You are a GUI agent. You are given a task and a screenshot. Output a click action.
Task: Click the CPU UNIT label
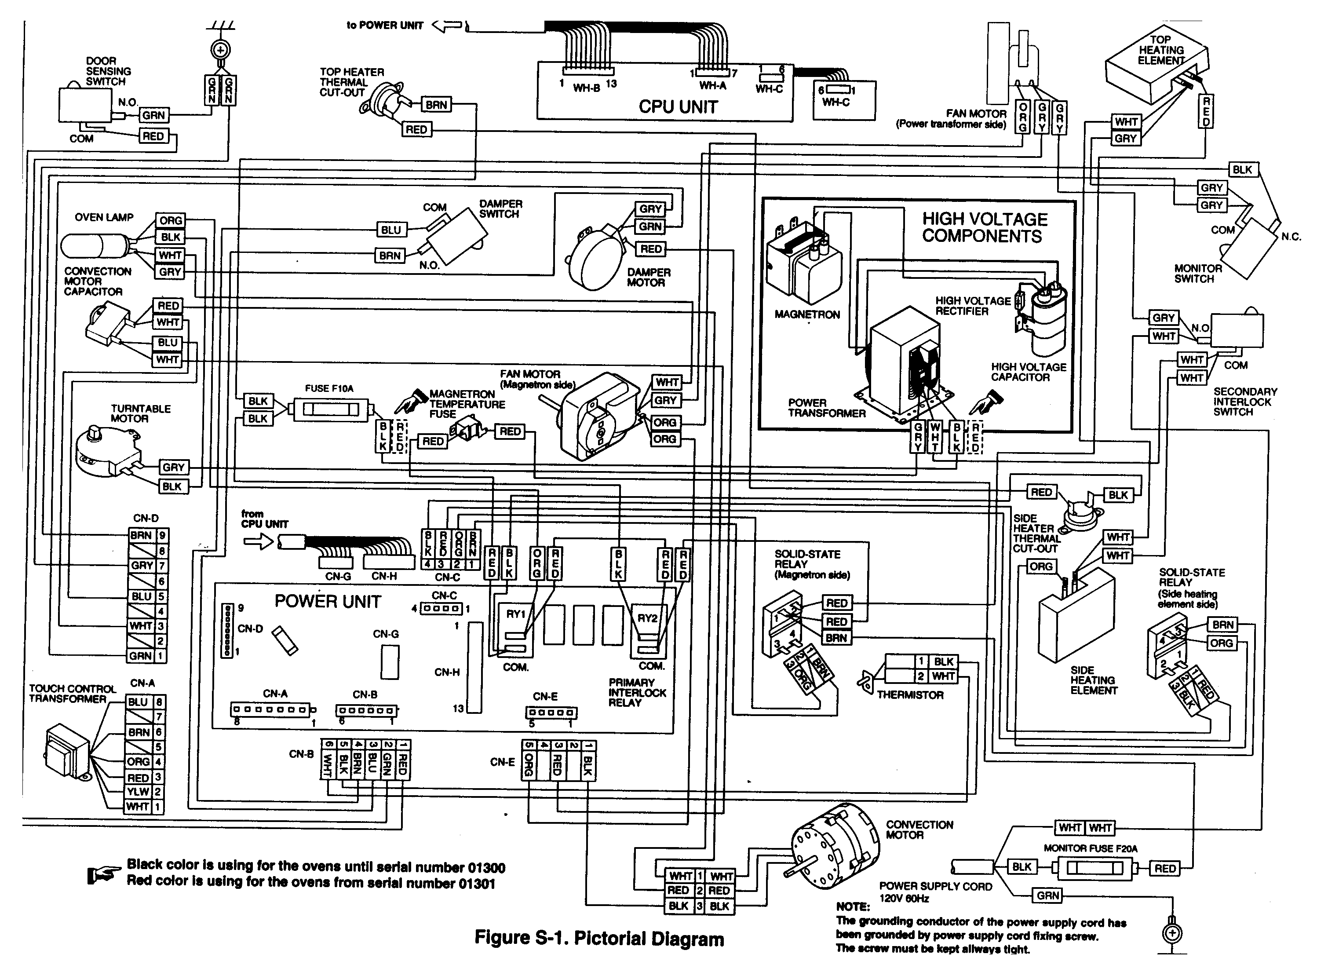tap(678, 107)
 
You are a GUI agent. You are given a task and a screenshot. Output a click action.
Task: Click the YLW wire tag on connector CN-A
tap(138, 792)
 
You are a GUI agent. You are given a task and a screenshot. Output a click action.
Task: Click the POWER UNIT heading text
tap(328, 601)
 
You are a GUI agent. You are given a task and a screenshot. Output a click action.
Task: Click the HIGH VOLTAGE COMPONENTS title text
tap(985, 228)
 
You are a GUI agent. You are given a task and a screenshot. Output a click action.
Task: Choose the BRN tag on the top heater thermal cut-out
tap(436, 105)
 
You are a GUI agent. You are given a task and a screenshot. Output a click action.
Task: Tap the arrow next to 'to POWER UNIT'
tap(448, 26)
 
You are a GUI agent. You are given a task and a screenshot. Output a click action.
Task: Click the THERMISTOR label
tap(910, 695)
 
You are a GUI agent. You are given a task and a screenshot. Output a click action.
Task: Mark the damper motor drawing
tap(594, 259)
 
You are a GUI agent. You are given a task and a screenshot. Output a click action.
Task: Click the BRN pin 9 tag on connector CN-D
tap(141, 535)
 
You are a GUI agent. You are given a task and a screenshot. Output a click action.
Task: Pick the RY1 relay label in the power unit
tap(515, 614)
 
